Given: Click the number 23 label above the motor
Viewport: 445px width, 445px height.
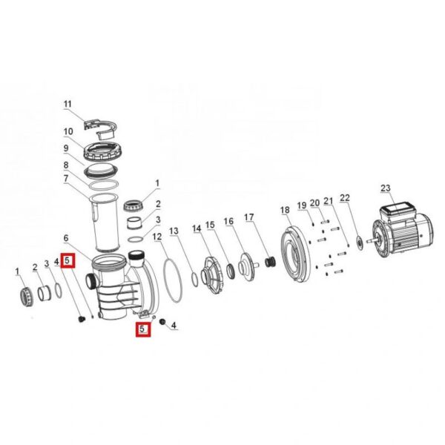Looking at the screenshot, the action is point(386,188).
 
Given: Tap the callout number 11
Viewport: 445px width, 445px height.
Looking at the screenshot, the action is point(67,104).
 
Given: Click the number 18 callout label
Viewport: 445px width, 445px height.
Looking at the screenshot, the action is point(285,210).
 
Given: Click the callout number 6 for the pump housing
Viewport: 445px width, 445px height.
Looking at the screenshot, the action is point(66,238).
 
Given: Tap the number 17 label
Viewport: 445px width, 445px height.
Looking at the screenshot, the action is point(249,217).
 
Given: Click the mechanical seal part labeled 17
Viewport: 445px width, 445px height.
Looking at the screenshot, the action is point(270,263).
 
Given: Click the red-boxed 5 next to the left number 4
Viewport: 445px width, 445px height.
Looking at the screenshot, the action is point(67,260).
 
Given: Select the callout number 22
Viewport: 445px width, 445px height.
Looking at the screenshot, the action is point(345,197).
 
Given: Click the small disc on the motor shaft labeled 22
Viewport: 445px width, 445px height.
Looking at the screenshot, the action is point(360,243).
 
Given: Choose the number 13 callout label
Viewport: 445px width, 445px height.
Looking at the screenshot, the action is point(174,231).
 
